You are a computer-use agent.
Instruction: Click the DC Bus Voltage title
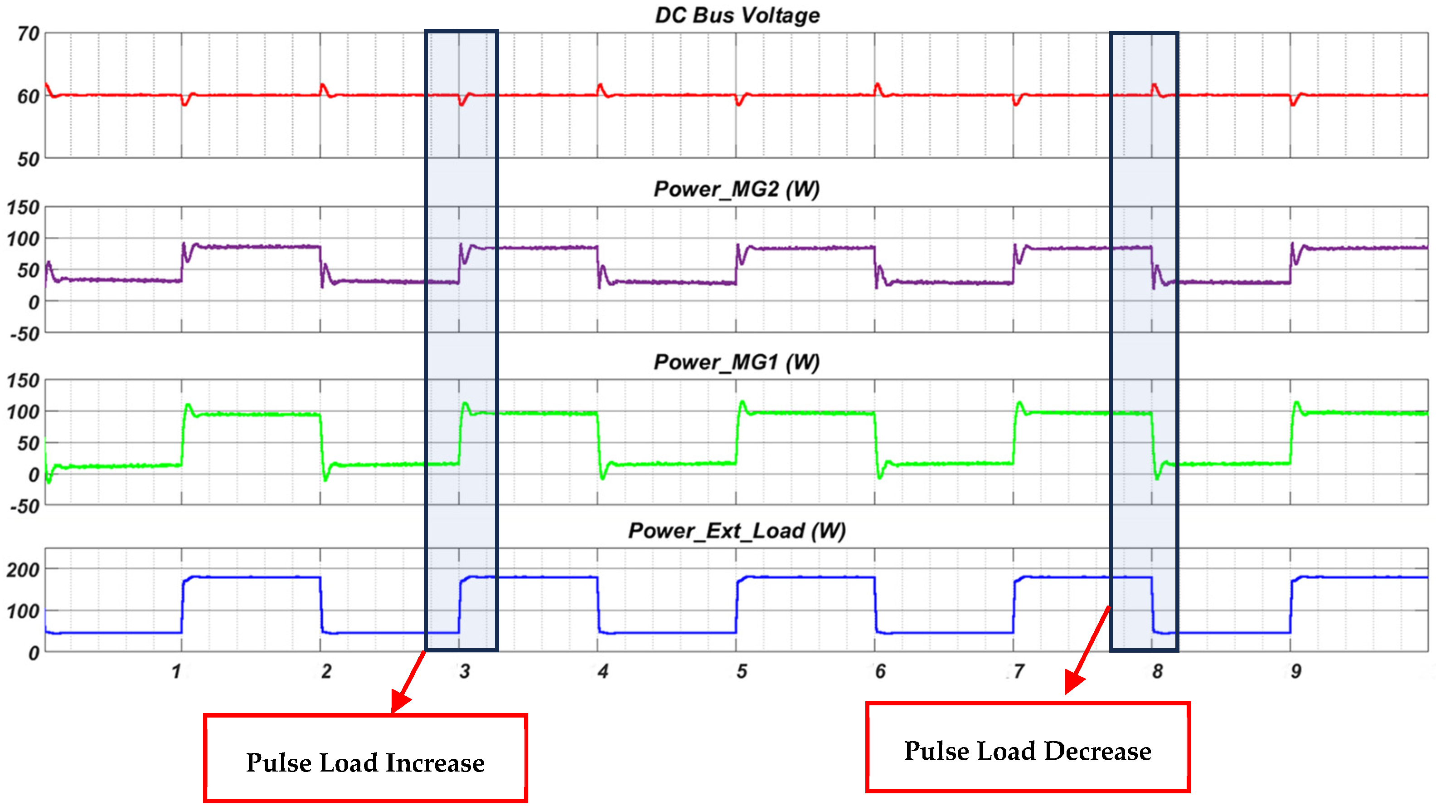click(x=737, y=15)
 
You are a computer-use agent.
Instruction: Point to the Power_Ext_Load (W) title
click(x=737, y=530)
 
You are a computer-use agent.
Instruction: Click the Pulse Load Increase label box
click(x=365, y=758)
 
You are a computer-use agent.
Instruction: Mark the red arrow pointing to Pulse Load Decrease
click(x=1087, y=650)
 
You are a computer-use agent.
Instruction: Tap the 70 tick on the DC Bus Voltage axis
click(x=28, y=34)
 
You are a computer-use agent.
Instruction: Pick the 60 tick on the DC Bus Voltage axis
click(x=28, y=97)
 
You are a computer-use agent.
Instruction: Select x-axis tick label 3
click(x=464, y=672)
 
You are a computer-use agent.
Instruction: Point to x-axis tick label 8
click(x=1158, y=672)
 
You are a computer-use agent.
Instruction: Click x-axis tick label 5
click(x=742, y=672)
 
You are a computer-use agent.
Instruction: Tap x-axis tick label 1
click(x=176, y=672)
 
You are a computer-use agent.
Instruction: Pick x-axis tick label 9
click(x=1296, y=672)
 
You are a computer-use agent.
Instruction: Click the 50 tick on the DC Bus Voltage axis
click(x=28, y=160)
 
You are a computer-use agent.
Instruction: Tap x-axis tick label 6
click(x=880, y=672)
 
